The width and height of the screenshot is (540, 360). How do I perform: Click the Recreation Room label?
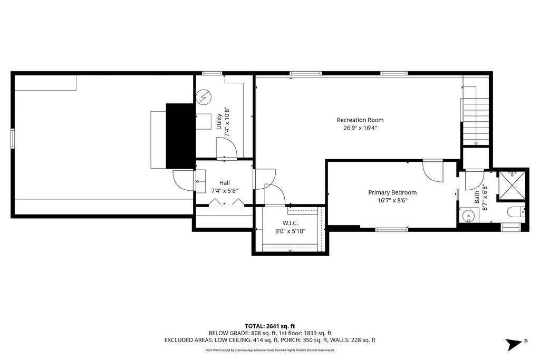[x=360, y=120]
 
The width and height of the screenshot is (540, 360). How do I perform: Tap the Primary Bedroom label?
[x=392, y=192]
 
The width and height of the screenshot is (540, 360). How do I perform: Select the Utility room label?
[x=219, y=121]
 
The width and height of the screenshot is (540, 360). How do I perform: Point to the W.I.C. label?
[x=290, y=223]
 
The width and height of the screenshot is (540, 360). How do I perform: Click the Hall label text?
[x=225, y=183]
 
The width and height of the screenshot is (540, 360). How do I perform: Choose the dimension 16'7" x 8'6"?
[x=392, y=200]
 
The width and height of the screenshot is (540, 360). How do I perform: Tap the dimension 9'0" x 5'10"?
[x=290, y=231]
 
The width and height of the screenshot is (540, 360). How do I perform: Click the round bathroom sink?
[x=468, y=217]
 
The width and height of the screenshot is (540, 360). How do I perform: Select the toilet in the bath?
[x=516, y=212]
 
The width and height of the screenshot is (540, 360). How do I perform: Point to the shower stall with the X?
[x=513, y=186]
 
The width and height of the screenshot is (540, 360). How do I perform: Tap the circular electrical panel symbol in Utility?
[x=204, y=98]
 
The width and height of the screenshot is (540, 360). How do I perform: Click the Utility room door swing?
[x=227, y=149]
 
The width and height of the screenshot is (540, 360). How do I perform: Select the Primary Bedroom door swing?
[x=433, y=171]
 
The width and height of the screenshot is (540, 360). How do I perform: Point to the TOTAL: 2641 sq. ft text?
[x=270, y=326]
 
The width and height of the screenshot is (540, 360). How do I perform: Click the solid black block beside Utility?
[x=180, y=136]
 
